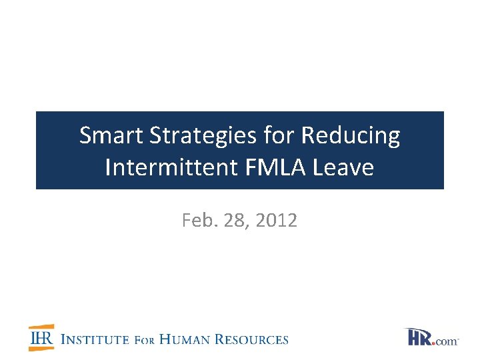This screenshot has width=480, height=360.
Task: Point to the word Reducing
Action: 351,137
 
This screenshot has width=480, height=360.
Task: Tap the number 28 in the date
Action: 235,221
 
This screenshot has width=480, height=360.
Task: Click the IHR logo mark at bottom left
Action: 41,338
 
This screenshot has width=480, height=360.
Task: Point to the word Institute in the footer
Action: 94,339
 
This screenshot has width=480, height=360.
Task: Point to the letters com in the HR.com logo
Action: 448,341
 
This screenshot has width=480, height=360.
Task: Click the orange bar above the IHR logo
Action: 41,328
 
